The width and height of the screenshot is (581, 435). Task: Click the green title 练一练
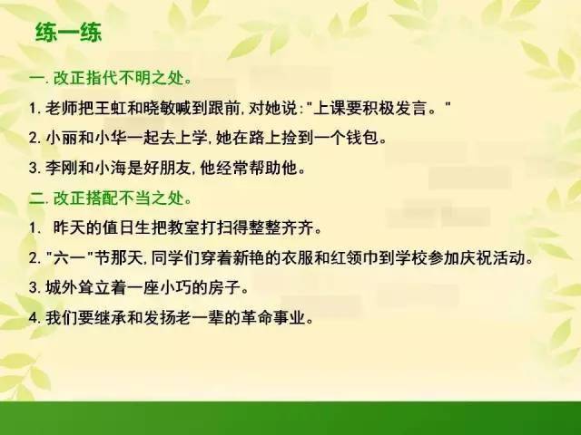[68, 33]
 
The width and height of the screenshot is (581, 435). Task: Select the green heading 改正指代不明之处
[119, 78]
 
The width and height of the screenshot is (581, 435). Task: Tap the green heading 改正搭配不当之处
[119, 198]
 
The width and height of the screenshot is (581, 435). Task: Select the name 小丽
[62, 138]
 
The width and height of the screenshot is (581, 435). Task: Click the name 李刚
[62, 168]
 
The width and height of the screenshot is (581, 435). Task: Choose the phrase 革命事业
[273, 317]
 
